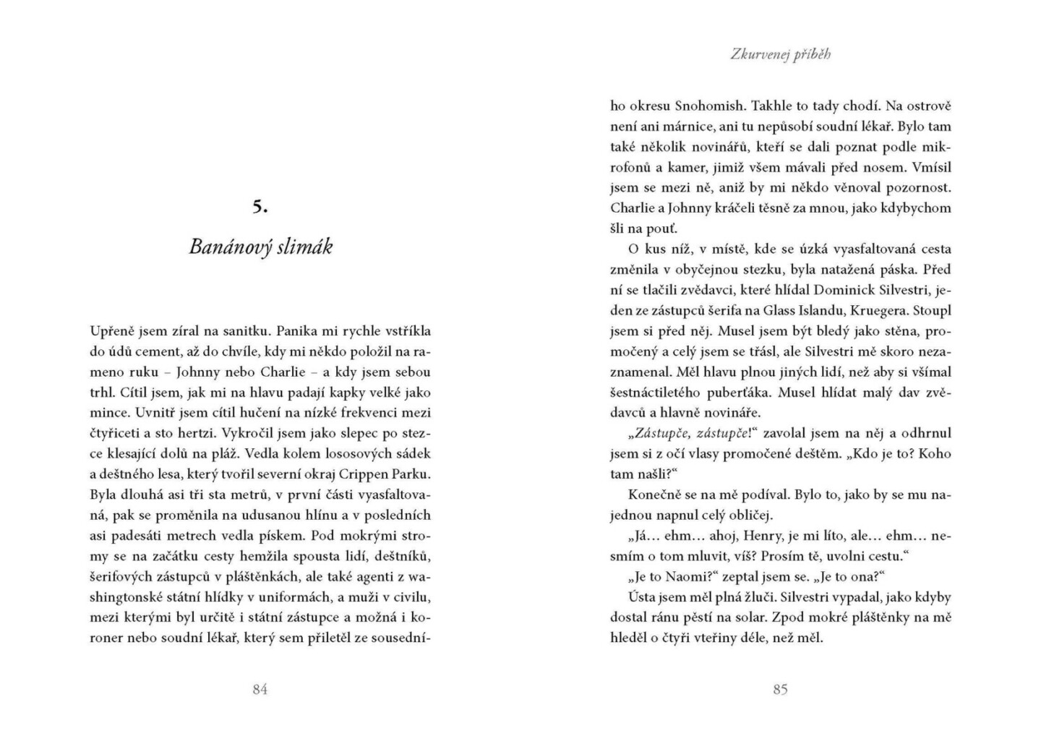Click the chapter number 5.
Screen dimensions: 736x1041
click(260, 207)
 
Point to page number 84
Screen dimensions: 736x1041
click(260, 689)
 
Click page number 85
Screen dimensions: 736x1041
click(780, 689)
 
